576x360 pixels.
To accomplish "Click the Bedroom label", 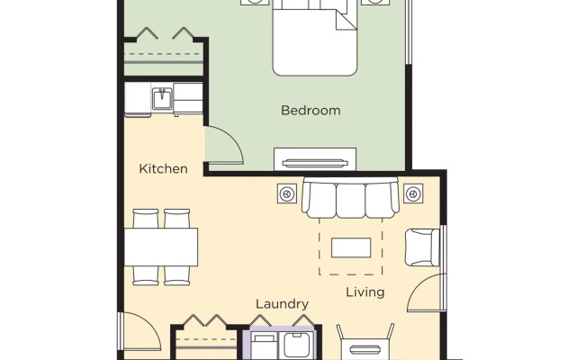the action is coord(310,110).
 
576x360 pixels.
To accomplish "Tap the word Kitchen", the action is coord(164,168).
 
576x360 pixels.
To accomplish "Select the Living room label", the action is coord(365,292).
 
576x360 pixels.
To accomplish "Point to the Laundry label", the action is coord(282,304).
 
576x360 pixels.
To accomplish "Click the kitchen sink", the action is coord(162,98).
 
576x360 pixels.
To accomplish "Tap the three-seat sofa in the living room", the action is coord(350,198).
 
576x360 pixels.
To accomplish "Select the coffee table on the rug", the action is coord(351,247).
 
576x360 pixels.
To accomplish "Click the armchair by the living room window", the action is coord(422,247).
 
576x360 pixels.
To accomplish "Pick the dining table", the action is coord(161,247).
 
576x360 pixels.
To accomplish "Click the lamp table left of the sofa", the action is coord(287,193).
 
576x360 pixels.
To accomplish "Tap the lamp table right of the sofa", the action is coord(413,193).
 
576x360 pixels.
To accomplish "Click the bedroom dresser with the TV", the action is coord(315,159).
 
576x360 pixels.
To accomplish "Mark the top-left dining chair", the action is coord(146,218).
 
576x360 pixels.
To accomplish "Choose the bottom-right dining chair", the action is coord(177,275).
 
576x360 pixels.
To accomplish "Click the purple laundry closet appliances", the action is coord(280,343).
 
